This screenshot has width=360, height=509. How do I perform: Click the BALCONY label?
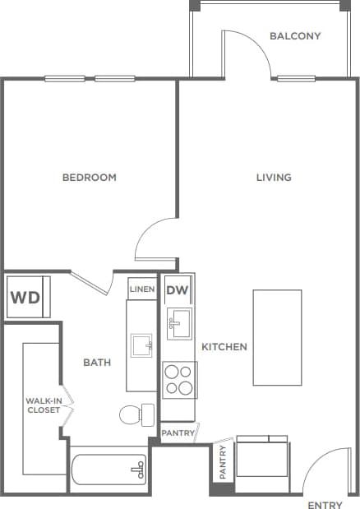point(295,36)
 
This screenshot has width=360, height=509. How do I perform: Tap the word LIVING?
point(274,178)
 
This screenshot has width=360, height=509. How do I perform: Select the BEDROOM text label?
point(90,178)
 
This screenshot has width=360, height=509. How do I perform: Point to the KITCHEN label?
point(224,347)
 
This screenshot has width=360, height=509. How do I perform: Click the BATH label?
point(97,362)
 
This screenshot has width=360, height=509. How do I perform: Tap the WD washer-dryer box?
point(25,297)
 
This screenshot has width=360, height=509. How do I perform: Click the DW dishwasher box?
point(177,290)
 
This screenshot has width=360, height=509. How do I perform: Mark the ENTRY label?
point(323,504)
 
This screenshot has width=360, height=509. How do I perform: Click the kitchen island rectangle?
point(277,337)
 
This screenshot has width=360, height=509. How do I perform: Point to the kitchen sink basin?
point(179,325)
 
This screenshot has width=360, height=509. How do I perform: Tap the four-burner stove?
point(178,380)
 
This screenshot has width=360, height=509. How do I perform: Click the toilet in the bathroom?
point(136,414)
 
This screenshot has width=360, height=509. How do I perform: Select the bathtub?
point(108,470)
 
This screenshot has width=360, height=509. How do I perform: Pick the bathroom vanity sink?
point(141,345)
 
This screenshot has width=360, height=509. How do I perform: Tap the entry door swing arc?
point(325,470)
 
